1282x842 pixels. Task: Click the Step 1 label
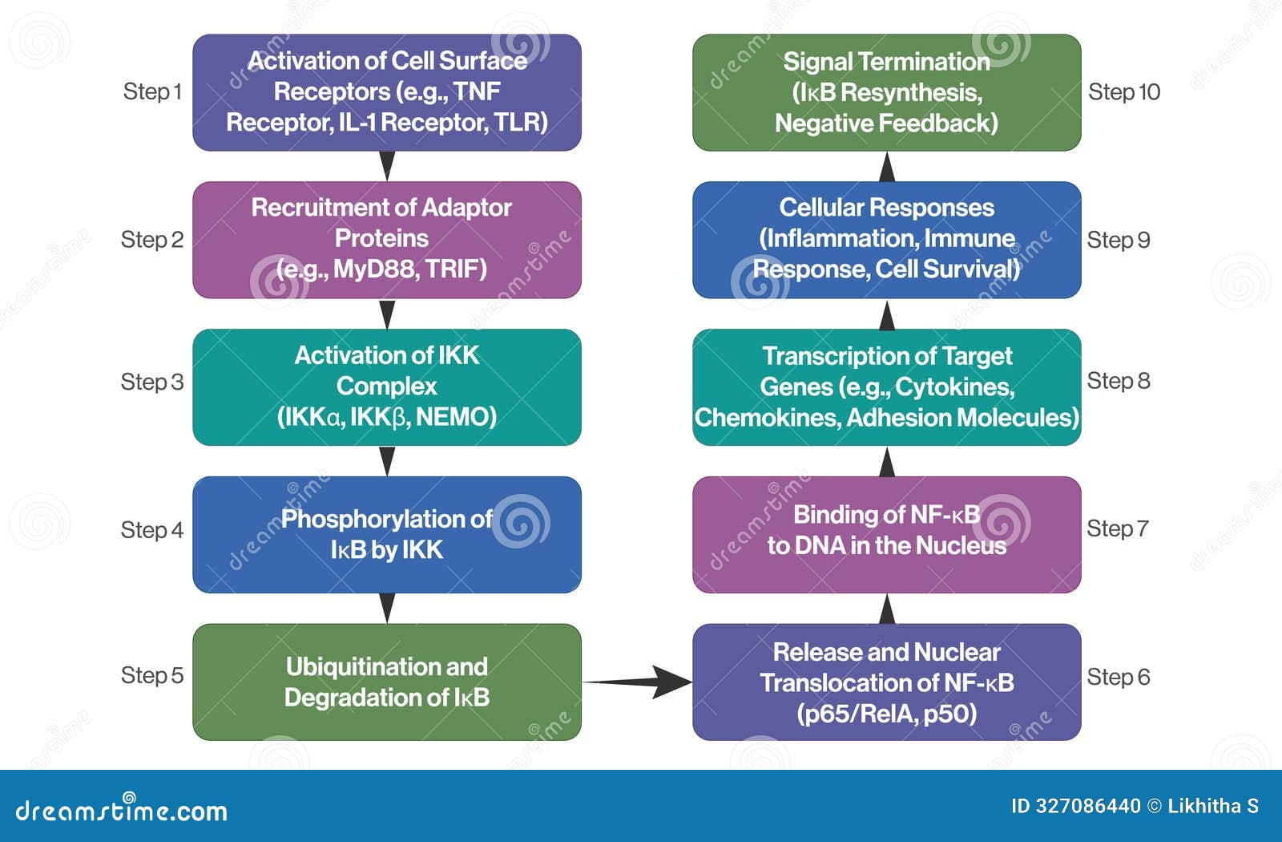[152, 92]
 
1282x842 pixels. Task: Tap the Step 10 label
[1123, 92]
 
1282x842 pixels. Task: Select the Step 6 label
[1118, 677]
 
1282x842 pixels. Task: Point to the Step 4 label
[152, 530]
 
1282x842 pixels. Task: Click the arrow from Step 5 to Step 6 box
[637, 682]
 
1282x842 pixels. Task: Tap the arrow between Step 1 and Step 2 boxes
[387, 165]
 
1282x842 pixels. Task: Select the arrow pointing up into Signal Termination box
[887, 167]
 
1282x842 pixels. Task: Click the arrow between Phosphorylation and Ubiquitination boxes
[387, 608]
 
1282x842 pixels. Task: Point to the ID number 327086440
[1087, 806]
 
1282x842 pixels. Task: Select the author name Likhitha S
[1213, 806]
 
